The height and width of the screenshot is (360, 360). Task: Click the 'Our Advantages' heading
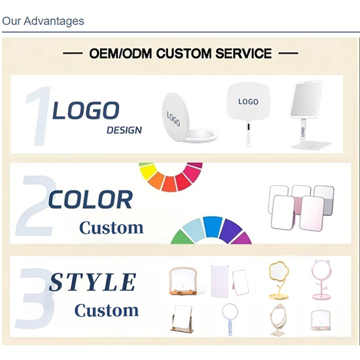(x=43, y=21)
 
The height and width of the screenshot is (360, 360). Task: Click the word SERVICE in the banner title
(x=243, y=54)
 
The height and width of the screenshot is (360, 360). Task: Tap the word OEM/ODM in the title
(x=120, y=54)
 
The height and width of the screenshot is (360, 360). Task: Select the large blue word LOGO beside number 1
(x=86, y=111)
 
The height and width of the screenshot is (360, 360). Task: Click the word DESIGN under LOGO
(x=124, y=130)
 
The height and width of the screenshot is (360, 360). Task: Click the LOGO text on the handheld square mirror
(x=248, y=101)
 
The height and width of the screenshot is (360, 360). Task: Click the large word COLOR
(x=90, y=199)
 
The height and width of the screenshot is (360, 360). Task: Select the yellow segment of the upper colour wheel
(x=149, y=171)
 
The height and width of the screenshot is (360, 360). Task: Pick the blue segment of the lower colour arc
(x=212, y=226)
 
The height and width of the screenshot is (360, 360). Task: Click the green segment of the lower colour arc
(x=182, y=238)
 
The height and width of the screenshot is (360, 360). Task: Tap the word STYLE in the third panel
(x=92, y=282)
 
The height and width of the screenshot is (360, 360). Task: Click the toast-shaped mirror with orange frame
(x=183, y=281)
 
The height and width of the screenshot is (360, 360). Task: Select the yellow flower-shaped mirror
(x=278, y=280)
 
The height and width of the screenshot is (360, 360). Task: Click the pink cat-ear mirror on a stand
(x=321, y=279)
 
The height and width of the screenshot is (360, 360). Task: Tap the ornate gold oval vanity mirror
(x=278, y=319)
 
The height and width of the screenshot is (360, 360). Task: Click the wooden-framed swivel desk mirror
(x=183, y=319)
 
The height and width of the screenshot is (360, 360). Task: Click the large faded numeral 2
(x=35, y=206)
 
